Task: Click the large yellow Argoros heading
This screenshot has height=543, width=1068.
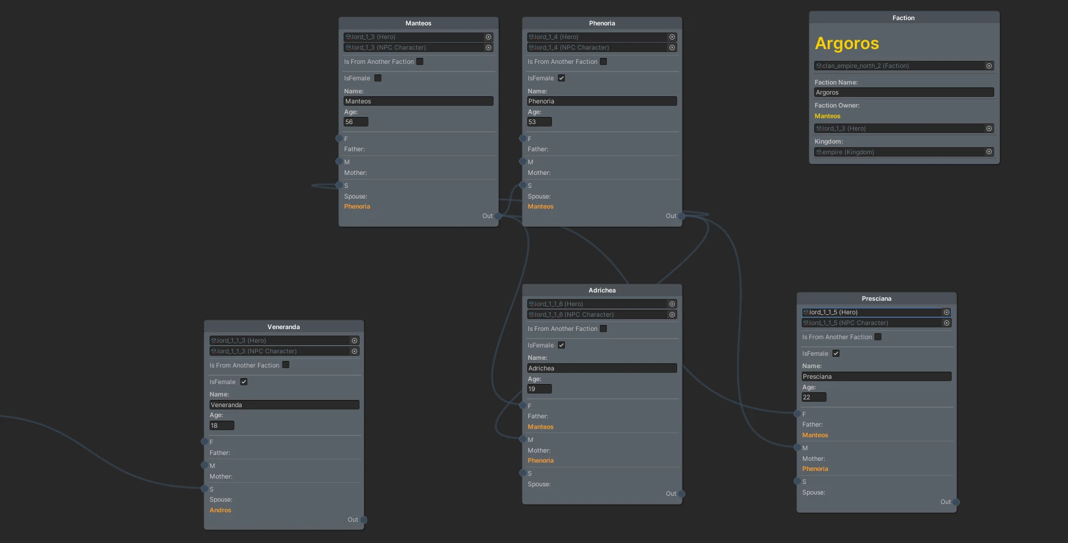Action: coord(847,43)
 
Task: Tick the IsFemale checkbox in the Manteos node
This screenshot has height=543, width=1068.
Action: coord(378,78)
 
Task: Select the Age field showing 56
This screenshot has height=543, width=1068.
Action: coord(356,122)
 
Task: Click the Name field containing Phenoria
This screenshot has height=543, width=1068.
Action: coord(602,101)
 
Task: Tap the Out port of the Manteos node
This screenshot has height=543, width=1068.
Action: coord(498,216)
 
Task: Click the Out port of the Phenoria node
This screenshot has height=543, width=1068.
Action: coord(682,216)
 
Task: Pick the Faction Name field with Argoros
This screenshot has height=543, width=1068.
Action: coord(904,92)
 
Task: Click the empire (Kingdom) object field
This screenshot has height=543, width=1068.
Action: coord(904,152)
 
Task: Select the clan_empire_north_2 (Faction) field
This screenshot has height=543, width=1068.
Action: coord(904,66)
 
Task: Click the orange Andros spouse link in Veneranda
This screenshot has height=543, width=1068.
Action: coord(220,510)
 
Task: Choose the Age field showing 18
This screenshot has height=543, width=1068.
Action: coord(222,425)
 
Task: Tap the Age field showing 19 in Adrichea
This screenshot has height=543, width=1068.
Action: coord(540,389)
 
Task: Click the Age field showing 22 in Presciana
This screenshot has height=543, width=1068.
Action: coord(814,397)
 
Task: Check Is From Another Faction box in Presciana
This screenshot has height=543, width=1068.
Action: coord(878,337)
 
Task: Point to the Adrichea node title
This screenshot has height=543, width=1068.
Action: coord(602,290)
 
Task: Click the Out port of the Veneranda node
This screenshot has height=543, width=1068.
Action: coord(364,520)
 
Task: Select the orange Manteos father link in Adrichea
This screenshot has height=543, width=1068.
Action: coord(541,427)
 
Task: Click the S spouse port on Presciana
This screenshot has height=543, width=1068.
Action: coord(797,482)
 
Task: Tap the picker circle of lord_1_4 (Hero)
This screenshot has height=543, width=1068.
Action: coord(672,37)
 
